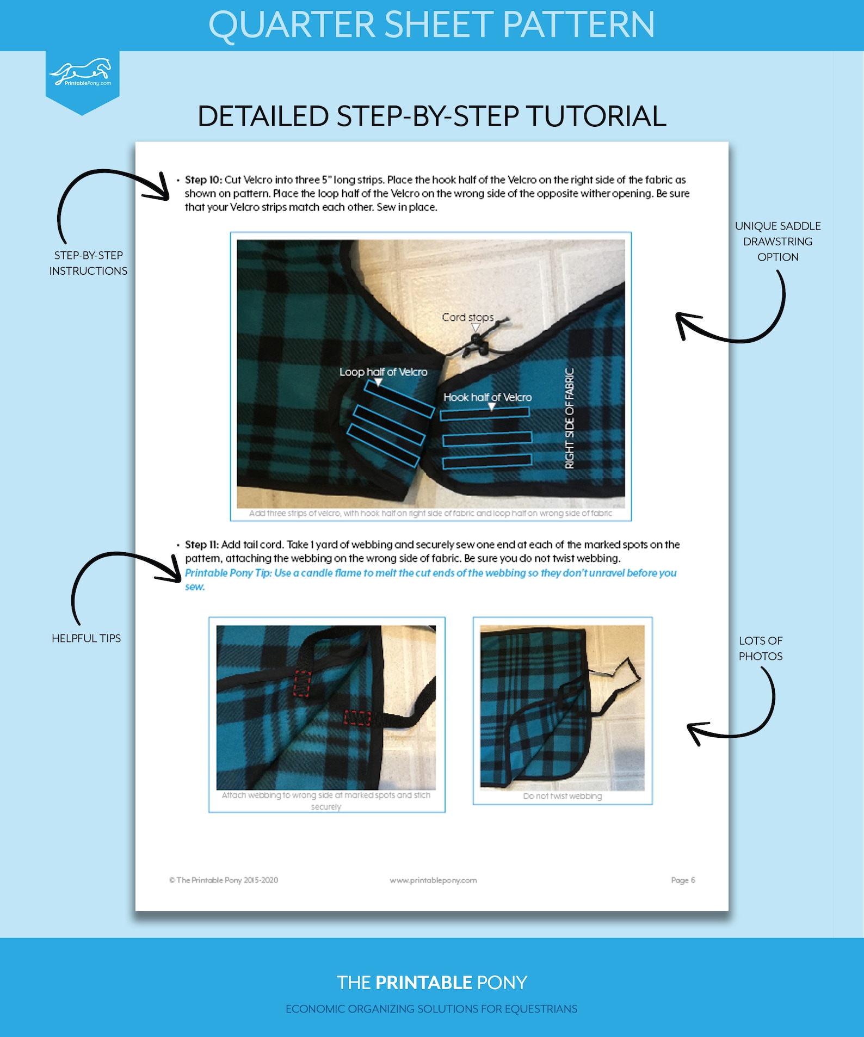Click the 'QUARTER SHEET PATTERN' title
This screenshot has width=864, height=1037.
coord(431,25)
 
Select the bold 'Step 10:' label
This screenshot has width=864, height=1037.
coord(203,180)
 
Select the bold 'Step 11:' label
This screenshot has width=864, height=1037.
coord(202,545)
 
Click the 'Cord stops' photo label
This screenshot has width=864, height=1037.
coord(467,317)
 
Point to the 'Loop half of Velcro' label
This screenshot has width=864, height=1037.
coord(383,372)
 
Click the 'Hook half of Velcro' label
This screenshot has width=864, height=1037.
coord(487,397)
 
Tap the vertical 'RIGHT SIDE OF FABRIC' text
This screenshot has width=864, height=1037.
coord(570,418)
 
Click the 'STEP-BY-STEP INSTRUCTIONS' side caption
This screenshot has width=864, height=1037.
coord(88,263)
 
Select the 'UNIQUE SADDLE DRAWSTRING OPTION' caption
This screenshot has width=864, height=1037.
coord(777,242)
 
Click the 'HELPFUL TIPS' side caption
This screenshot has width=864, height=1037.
coord(86,638)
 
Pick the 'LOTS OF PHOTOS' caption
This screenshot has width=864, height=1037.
coord(760,649)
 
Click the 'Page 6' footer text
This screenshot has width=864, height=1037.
coord(683,880)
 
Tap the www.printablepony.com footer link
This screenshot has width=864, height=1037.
coord(433,880)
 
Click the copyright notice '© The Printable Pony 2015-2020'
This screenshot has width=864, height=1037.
coord(224,880)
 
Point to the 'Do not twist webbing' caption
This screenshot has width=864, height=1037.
coord(563,796)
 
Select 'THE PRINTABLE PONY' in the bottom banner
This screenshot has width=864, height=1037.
coord(431,983)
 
